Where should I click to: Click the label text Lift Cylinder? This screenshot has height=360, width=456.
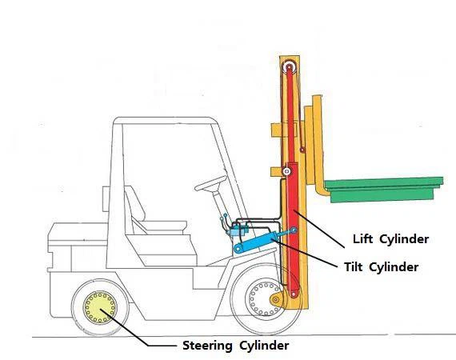click(390, 238)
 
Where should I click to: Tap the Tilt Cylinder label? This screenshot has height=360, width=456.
click(380, 267)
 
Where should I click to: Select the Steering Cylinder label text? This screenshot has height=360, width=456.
click(231, 346)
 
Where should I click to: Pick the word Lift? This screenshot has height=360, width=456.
click(364, 238)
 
